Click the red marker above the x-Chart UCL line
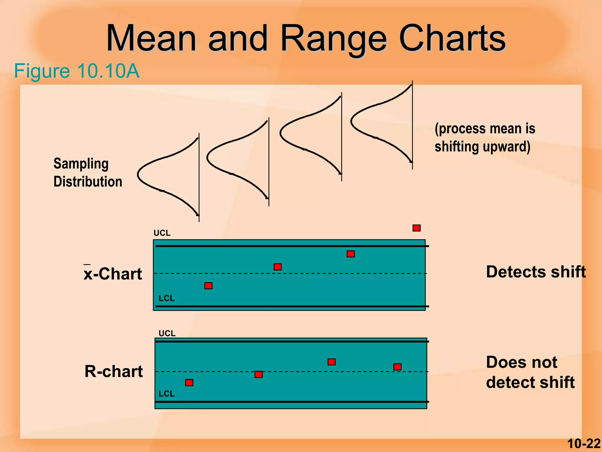pyautogui.click(x=416, y=228)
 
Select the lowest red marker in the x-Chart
pyautogui.click(x=208, y=286)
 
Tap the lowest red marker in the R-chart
pyautogui.click(x=189, y=383)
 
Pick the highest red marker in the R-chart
pyautogui.click(x=332, y=362)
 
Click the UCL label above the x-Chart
pyautogui.click(x=162, y=233)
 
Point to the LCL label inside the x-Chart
pyautogui.click(x=167, y=298)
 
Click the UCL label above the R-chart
pyautogui.click(x=167, y=333)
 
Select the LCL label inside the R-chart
pyautogui.click(x=167, y=394)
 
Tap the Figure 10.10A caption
pyautogui.click(x=77, y=71)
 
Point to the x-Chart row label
pyautogui.click(x=113, y=274)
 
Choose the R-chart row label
pyautogui.click(x=114, y=371)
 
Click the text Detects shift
pyautogui.click(x=536, y=272)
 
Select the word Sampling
pyautogui.click(x=81, y=164)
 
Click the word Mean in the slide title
pyautogui.click(x=151, y=39)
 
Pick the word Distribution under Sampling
pyautogui.click(x=88, y=182)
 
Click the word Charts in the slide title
pyautogui.click(x=452, y=39)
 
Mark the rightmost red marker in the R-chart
pyautogui.click(x=397, y=367)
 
